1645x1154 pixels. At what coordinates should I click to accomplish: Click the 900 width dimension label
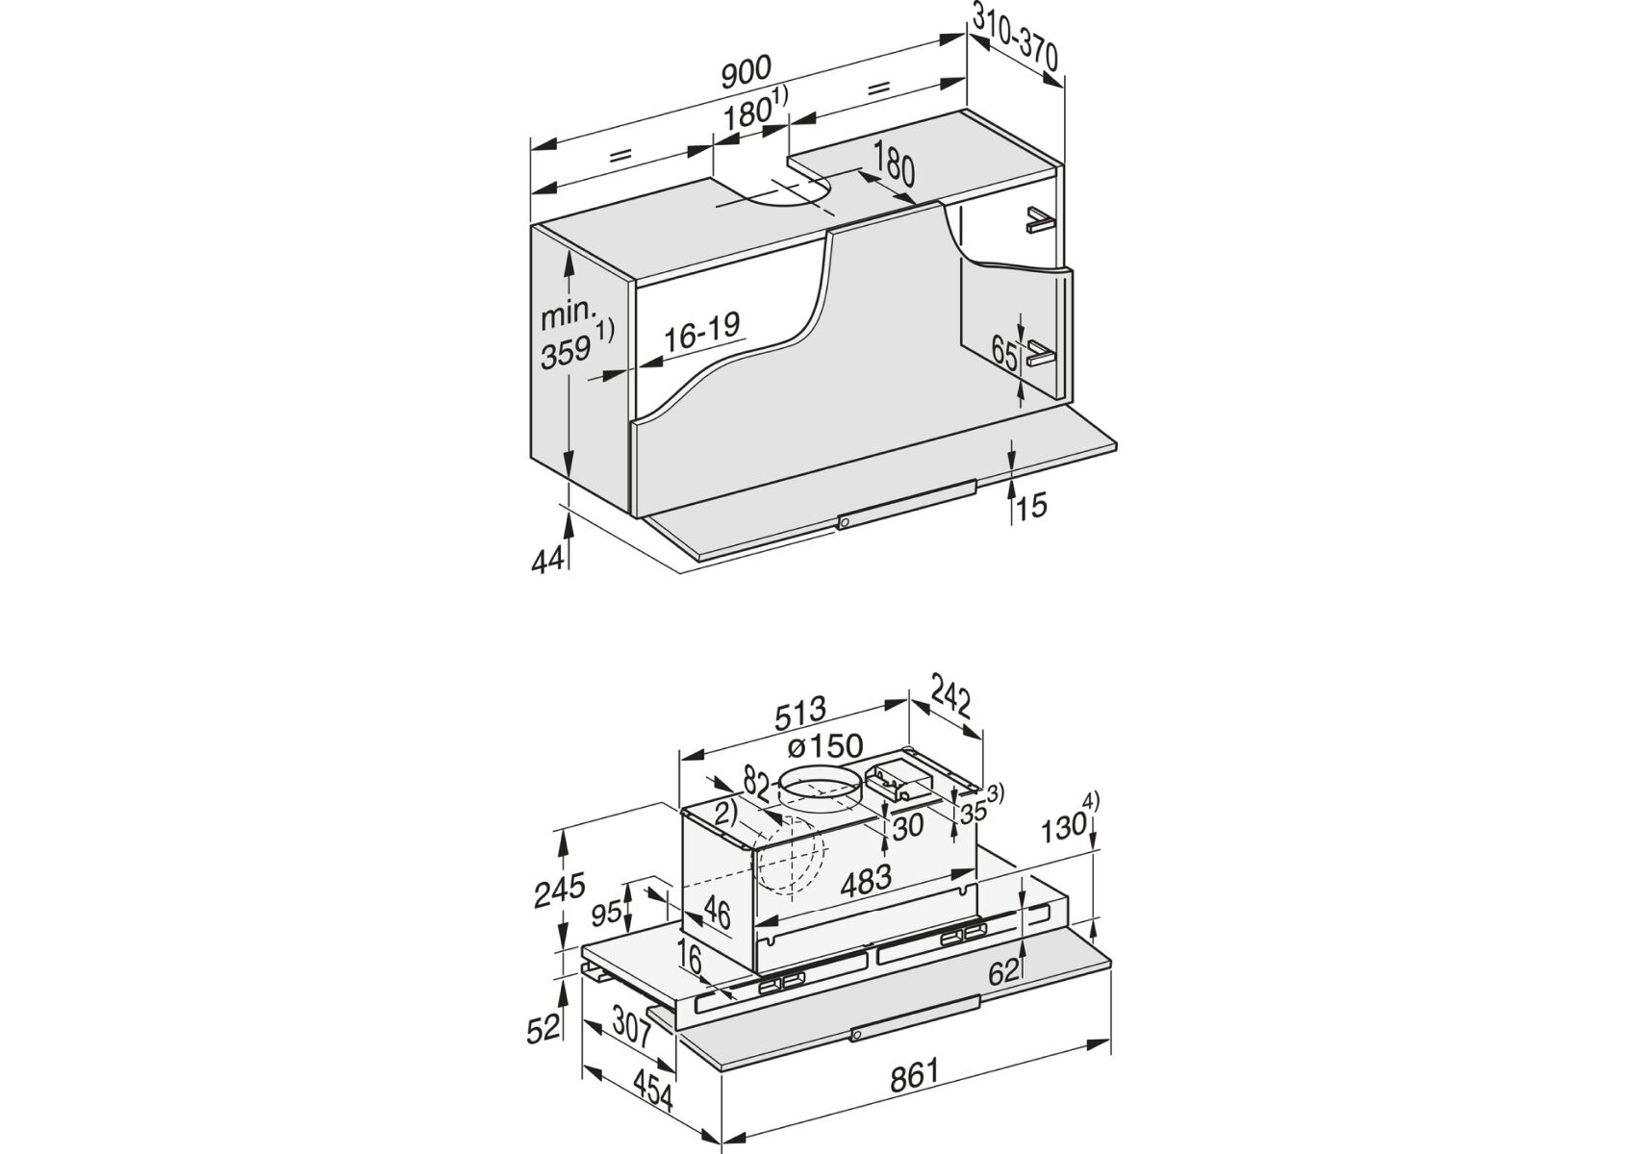click(x=746, y=68)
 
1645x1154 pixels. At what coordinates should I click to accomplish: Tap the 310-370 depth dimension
click(x=1015, y=45)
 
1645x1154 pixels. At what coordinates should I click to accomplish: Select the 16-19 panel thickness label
click(x=702, y=330)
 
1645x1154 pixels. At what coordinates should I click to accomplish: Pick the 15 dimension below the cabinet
click(x=1030, y=506)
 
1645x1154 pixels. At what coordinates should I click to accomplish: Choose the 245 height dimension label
click(x=561, y=891)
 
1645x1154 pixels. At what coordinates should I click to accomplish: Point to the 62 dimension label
click(x=1004, y=972)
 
